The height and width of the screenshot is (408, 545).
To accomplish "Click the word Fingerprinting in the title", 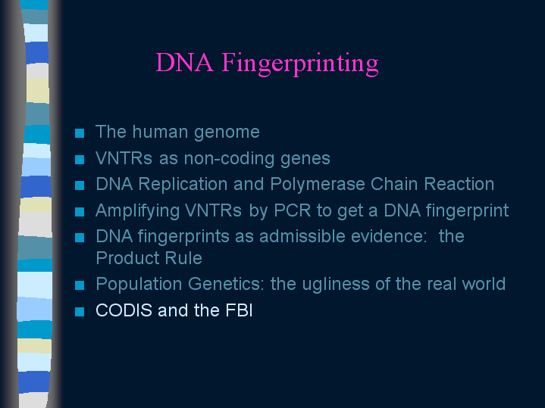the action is [x=300, y=63].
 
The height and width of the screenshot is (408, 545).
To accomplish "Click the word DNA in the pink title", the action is [x=184, y=63].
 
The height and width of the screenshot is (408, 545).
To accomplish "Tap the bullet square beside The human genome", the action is [x=80, y=133].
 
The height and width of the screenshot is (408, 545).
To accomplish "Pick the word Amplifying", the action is [x=137, y=210].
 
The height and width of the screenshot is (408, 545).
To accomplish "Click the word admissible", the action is [x=302, y=236].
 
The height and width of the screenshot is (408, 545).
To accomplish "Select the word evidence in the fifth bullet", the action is [x=389, y=236].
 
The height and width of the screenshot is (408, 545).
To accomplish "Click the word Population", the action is [x=139, y=285].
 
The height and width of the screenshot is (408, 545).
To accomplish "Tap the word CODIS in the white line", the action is [x=124, y=310].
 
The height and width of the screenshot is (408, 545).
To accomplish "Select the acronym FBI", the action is [x=239, y=310].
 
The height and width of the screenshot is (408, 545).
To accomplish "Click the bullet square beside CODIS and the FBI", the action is [x=80, y=312].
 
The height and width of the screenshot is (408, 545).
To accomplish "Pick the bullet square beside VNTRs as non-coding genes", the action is [x=80, y=160].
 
